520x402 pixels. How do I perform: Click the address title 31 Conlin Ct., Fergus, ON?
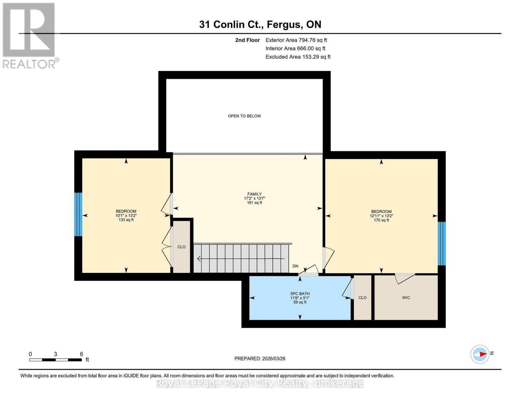click(x=260, y=24)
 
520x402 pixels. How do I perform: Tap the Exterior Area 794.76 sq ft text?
click(x=296, y=40)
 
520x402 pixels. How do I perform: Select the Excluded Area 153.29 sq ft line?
click(x=298, y=57)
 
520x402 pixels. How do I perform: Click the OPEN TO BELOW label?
click(x=244, y=116)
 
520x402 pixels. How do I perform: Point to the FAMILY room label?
click(x=254, y=198)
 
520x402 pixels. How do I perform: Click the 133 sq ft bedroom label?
click(x=126, y=215)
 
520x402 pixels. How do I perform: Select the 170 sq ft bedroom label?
click(x=381, y=216)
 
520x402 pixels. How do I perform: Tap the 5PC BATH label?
click(x=300, y=298)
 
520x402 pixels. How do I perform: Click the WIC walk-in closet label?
click(x=406, y=297)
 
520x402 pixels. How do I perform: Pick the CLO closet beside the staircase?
click(x=181, y=247)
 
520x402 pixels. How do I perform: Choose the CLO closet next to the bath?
click(x=362, y=297)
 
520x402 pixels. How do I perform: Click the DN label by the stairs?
click(x=295, y=266)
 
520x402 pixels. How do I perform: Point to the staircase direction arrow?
click(x=241, y=259)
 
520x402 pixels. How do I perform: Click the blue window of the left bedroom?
click(x=78, y=214)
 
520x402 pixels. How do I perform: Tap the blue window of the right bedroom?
click(x=442, y=243)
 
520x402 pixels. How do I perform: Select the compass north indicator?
click(x=481, y=354)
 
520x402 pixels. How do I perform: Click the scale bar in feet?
click(x=56, y=360)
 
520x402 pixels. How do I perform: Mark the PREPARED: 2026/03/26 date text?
click(x=260, y=358)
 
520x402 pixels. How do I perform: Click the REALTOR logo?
click(x=29, y=35)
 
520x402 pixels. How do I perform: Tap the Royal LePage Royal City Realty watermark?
click(x=260, y=383)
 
